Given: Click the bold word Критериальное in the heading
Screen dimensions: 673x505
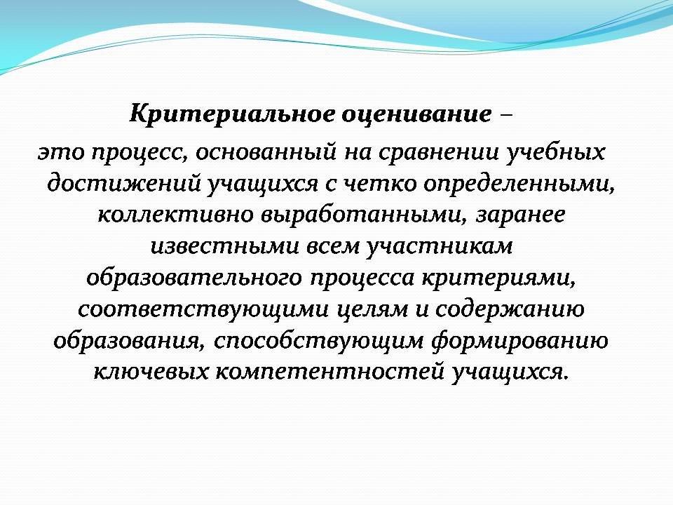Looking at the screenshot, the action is [232, 114].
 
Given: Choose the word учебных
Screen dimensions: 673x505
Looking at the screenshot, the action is [555, 152].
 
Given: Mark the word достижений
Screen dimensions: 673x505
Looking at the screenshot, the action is [124, 184].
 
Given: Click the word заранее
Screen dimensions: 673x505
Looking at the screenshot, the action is [519, 215].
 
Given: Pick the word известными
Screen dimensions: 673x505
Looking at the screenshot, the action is [224, 246].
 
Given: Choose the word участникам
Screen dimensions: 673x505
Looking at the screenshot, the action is [439, 246].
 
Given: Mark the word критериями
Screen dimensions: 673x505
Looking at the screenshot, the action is [498, 278].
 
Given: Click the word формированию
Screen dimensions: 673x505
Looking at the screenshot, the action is [519, 340].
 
